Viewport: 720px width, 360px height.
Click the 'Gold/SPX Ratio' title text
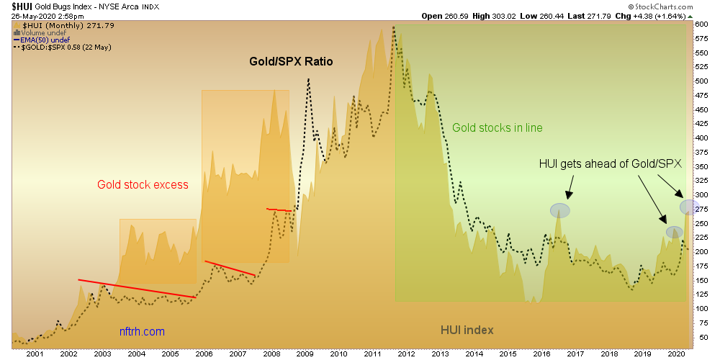click(291, 62)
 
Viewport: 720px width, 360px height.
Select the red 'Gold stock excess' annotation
click(143, 185)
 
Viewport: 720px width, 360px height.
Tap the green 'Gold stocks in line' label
click(497, 128)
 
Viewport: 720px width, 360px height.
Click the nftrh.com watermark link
click(142, 332)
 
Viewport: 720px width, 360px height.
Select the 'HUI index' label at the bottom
click(467, 330)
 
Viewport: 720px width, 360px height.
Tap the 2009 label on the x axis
click(305, 354)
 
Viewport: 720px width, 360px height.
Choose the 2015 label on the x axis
click(508, 354)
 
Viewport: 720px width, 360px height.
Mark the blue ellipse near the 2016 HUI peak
click(560, 210)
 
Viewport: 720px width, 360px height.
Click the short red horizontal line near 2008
click(279, 210)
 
